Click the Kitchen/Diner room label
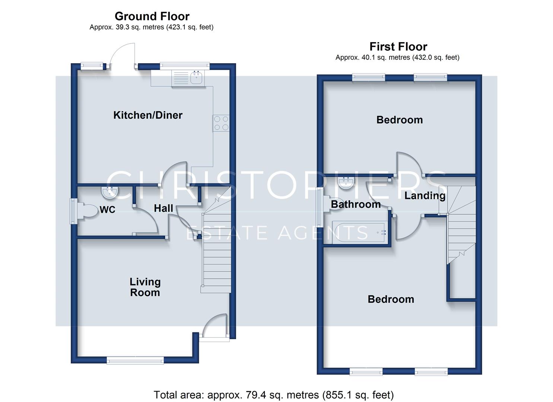(x=147, y=115)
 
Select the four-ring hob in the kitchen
(x=221, y=123)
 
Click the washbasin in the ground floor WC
(x=110, y=192)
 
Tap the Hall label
(x=163, y=208)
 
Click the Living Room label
(x=145, y=287)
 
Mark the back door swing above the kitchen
(x=123, y=55)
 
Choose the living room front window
(x=135, y=361)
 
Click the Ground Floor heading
(x=152, y=16)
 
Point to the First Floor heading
(x=398, y=47)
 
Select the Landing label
(x=425, y=196)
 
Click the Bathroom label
(x=356, y=204)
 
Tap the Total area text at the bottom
(x=274, y=395)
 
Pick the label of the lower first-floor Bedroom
(x=391, y=299)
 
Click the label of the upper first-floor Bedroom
(x=400, y=120)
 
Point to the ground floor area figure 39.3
(x=123, y=27)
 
